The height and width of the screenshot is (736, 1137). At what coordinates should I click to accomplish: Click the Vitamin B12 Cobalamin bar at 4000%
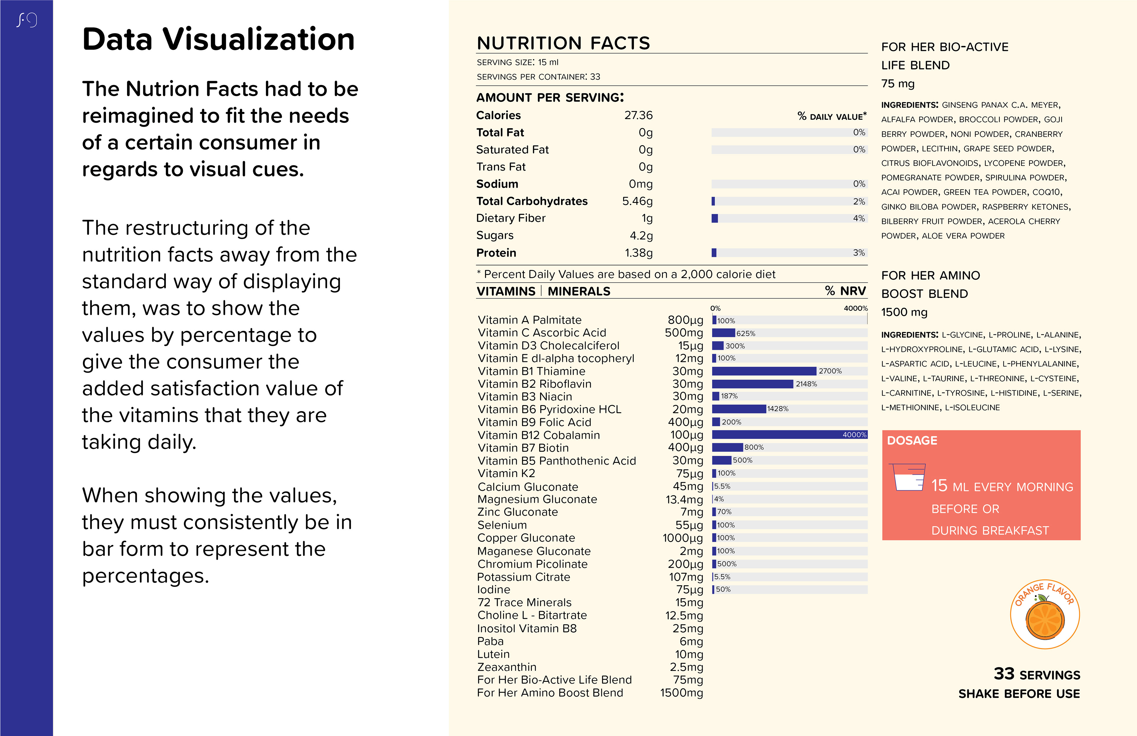click(788, 434)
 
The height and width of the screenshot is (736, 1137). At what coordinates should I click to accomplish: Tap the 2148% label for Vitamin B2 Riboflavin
click(806, 384)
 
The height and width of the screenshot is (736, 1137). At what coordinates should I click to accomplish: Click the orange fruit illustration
click(1045, 620)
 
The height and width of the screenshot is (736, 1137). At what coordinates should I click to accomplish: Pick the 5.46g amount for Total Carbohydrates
click(637, 201)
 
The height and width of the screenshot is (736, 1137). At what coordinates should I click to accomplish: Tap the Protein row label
click(496, 253)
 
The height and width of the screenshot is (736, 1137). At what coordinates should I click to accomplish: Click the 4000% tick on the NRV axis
click(855, 308)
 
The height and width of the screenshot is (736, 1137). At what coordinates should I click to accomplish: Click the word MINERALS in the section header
click(579, 291)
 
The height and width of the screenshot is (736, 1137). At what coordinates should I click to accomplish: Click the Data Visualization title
click(218, 39)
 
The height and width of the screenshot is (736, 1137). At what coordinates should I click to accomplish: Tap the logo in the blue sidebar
click(27, 20)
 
